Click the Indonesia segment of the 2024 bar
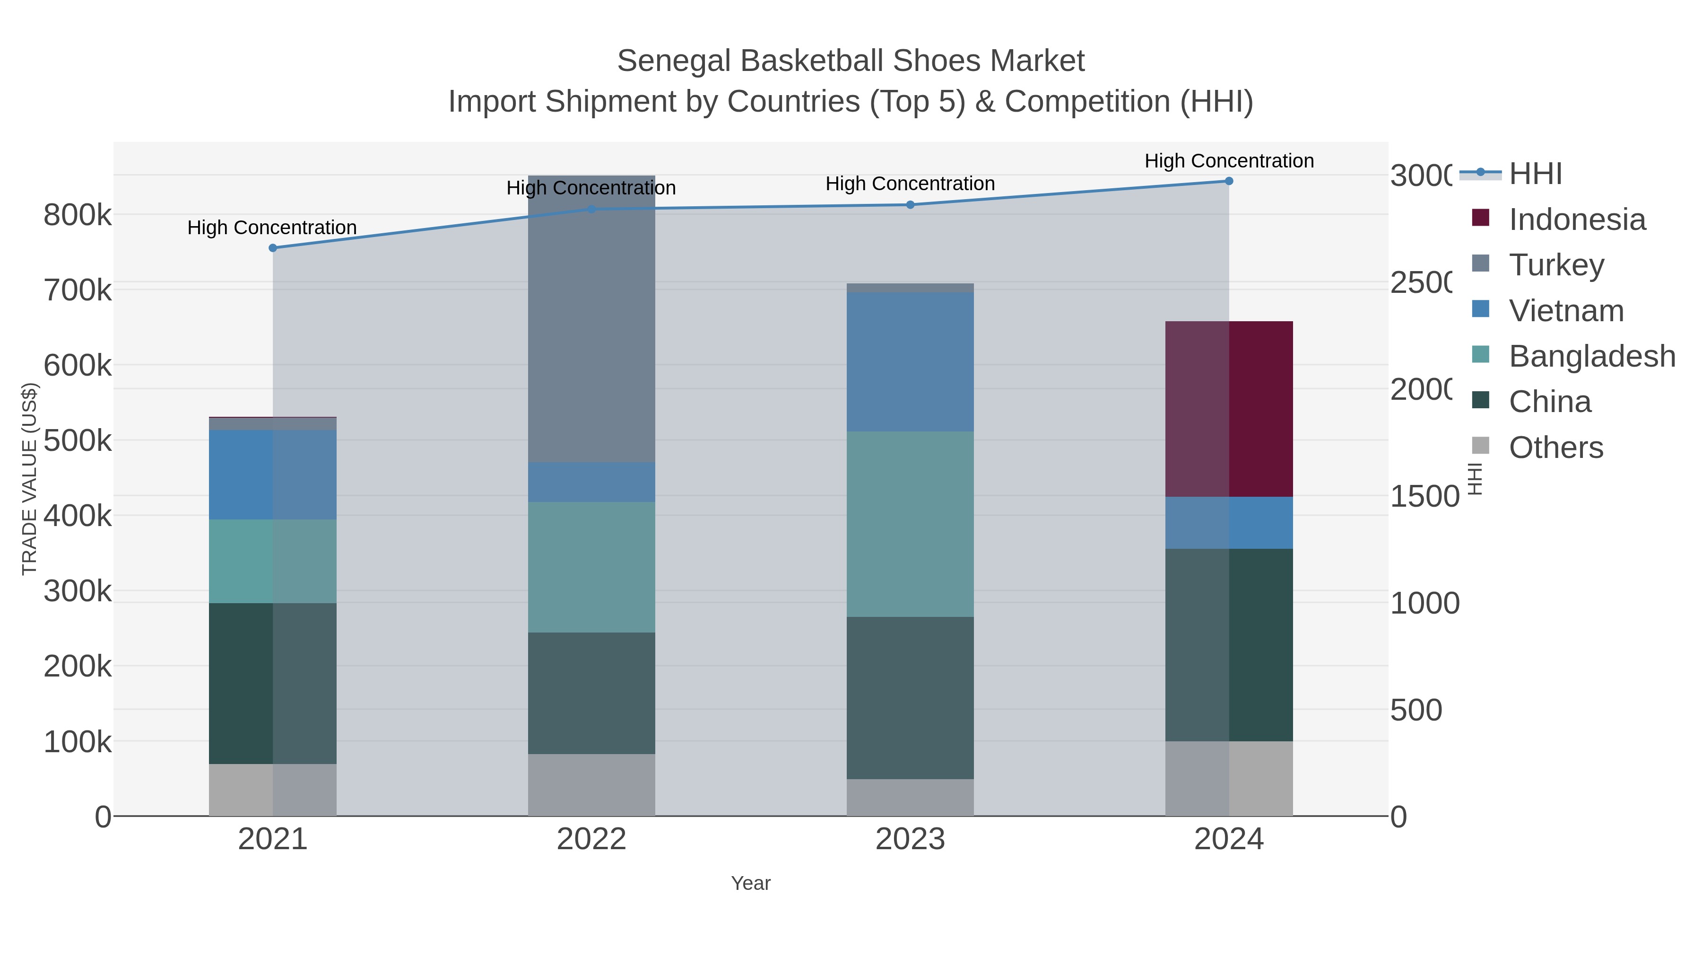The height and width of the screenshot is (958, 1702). [x=1229, y=409]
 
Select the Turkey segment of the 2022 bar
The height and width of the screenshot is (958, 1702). [x=591, y=319]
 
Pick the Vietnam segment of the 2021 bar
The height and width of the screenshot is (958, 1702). [x=272, y=474]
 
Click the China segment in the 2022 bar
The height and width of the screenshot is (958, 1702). [x=591, y=693]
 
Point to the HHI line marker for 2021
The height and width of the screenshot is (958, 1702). [x=273, y=248]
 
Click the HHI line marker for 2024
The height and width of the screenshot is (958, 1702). [x=1229, y=181]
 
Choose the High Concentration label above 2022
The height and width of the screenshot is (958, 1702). [x=591, y=188]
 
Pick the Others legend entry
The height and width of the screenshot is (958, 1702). [x=1555, y=448]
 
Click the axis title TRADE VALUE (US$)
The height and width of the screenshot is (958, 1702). [x=30, y=479]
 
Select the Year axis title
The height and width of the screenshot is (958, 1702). [x=751, y=883]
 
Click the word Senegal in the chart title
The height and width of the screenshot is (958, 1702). [x=673, y=61]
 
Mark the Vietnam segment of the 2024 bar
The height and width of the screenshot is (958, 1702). [x=1229, y=522]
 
